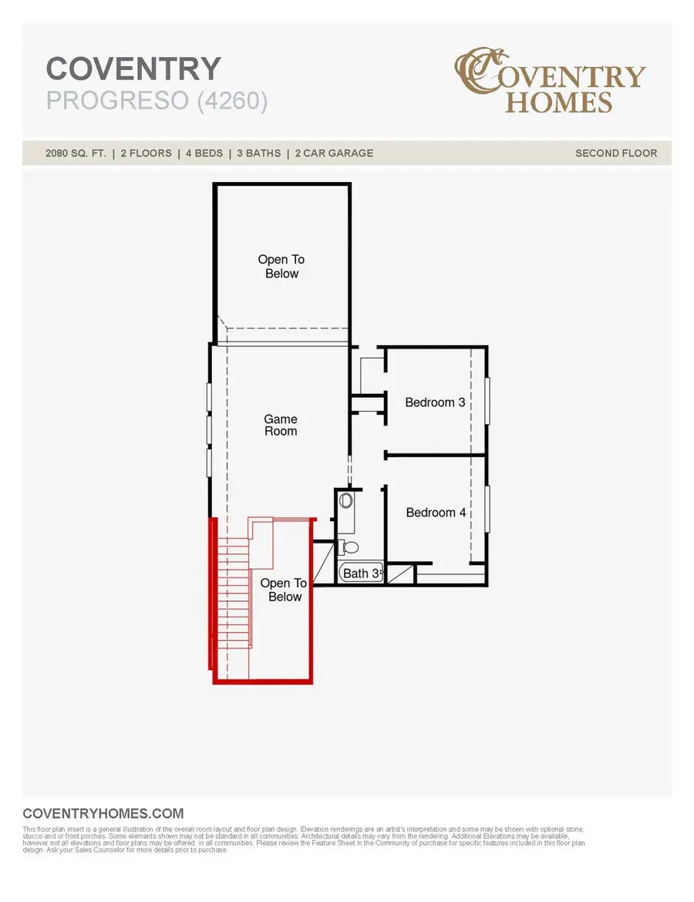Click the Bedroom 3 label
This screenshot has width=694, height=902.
click(x=436, y=402)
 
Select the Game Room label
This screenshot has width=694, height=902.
click(x=281, y=426)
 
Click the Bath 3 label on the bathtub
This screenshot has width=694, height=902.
click(x=361, y=574)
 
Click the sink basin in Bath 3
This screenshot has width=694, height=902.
click(x=345, y=502)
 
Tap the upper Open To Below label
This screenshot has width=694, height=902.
click(x=281, y=267)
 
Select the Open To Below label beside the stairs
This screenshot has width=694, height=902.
click(x=283, y=590)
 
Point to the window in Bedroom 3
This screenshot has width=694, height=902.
click(x=487, y=401)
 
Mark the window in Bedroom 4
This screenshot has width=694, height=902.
click(x=487, y=509)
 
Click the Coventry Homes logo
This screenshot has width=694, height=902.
click(x=549, y=80)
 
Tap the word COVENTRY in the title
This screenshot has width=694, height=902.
click(x=133, y=69)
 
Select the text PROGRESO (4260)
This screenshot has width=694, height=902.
click(x=157, y=101)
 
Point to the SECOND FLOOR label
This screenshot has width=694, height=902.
click(x=616, y=153)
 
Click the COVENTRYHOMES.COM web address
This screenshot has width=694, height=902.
click(x=103, y=813)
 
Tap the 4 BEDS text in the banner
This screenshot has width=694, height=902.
click(x=203, y=153)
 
